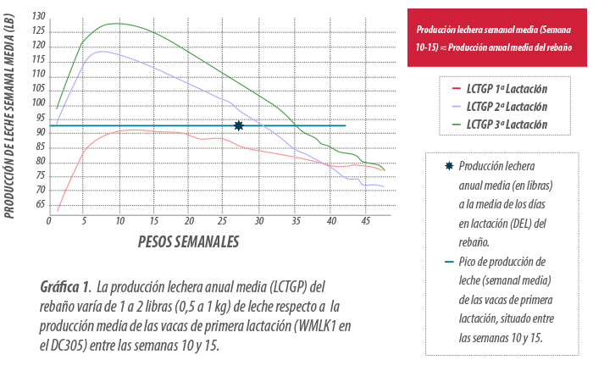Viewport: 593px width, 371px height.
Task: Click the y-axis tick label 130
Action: pyautogui.click(x=37, y=16)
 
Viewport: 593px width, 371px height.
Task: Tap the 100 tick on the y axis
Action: pyautogui.click(x=37, y=104)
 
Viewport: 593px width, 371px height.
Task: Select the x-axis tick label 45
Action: pyautogui.click(x=364, y=222)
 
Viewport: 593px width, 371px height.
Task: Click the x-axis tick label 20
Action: pyautogui.click(x=189, y=222)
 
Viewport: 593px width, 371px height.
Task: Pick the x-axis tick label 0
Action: pyautogui.click(x=49, y=222)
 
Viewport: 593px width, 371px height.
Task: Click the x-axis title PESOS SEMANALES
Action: pyautogui.click(x=188, y=242)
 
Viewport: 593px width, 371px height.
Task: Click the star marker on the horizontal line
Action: pyautogui.click(x=239, y=125)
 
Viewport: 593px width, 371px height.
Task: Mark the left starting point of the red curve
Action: pyautogui.click(x=58, y=210)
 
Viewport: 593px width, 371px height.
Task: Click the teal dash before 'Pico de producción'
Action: pyautogui.click(x=448, y=261)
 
